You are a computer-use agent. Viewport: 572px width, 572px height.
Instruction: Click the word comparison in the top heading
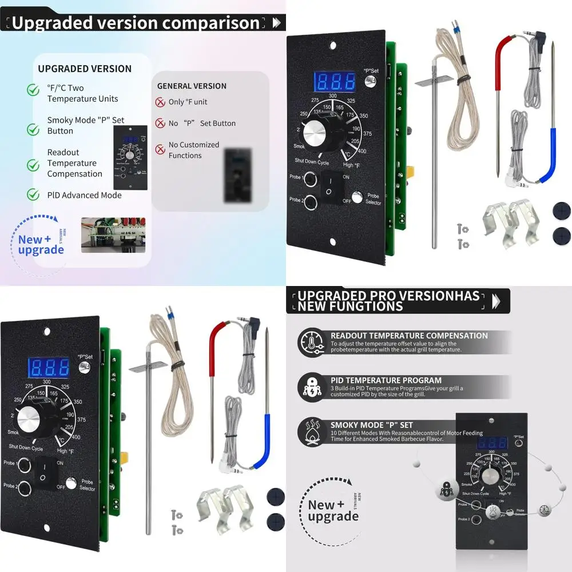click(212, 23)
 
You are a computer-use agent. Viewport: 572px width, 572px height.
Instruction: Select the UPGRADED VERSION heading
click(85, 69)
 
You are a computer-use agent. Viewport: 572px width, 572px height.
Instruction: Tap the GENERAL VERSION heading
click(192, 86)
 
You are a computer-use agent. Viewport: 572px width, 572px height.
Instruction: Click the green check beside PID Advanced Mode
click(33, 195)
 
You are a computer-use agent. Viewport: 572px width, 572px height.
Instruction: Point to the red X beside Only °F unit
click(160, 102)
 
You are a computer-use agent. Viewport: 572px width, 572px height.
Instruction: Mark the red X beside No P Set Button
click(160, 124)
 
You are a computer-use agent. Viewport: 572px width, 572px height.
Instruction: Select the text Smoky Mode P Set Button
click(86, 125)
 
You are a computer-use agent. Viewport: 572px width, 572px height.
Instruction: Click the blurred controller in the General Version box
click(238, 174)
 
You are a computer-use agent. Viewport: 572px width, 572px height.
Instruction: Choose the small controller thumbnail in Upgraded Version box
click(131, 158)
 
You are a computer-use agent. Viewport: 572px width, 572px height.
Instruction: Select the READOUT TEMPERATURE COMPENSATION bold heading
click(409, 336)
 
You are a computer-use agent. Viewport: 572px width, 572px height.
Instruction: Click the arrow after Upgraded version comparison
click(277, 23)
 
